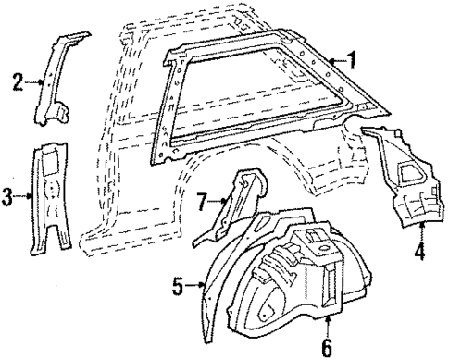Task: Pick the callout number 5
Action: [x=178, y=287]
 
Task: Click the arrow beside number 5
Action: [x=194, y=287]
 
